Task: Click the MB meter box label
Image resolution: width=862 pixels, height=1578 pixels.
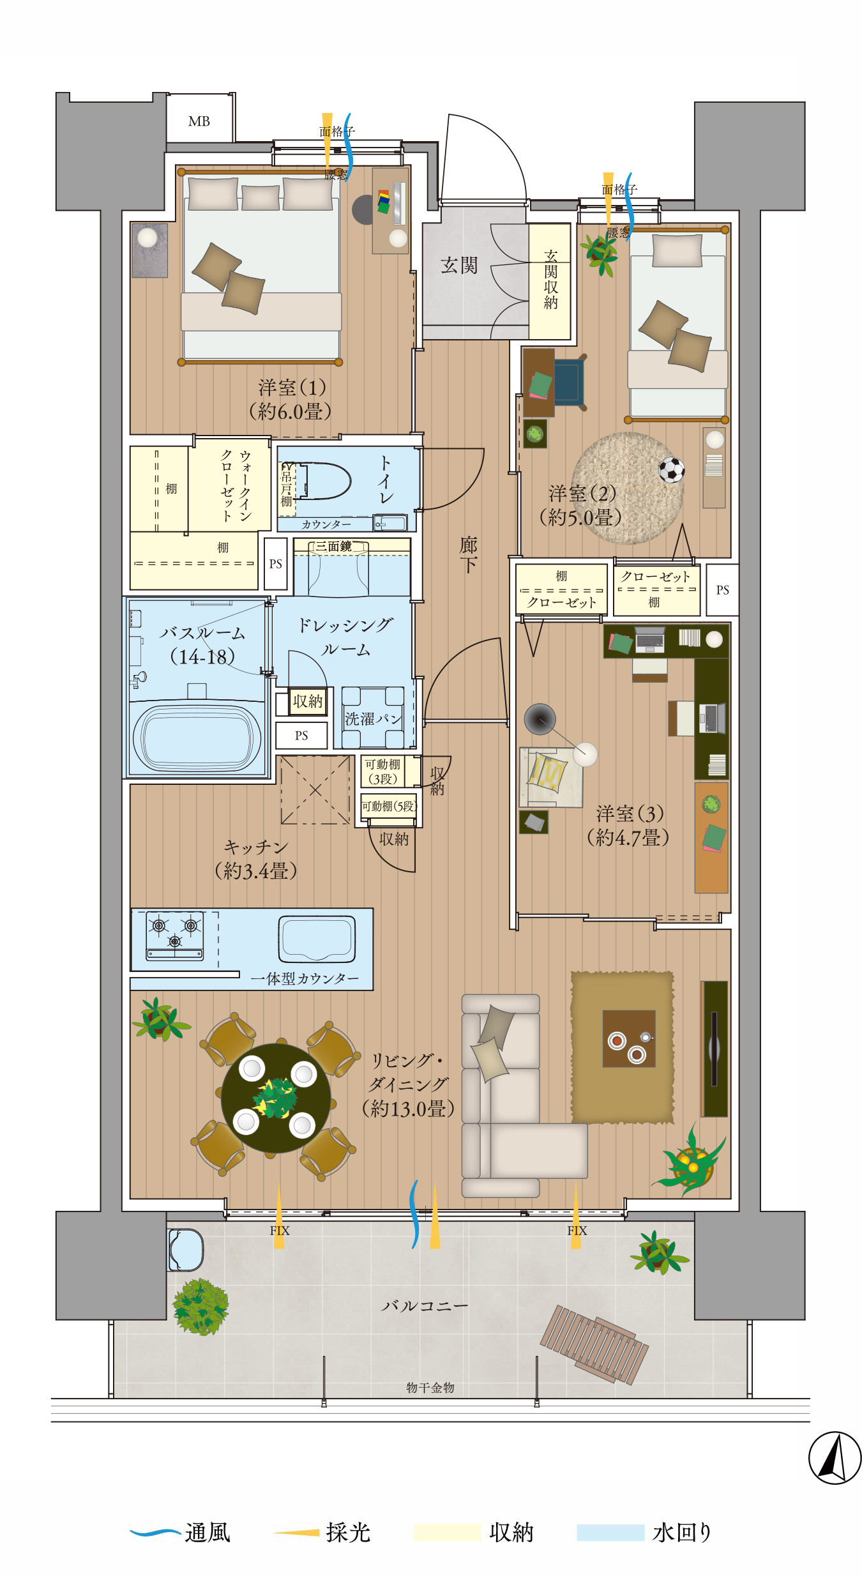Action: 199,121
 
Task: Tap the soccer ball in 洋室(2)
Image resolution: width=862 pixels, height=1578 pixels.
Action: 671,470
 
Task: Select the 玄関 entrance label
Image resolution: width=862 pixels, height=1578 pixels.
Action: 458,265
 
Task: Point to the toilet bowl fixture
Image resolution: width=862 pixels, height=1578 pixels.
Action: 326,481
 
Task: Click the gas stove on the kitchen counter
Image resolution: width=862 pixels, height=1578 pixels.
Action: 175,936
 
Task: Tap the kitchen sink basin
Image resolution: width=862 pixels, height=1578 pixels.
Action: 317,939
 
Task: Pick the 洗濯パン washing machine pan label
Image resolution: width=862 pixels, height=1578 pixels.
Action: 374,718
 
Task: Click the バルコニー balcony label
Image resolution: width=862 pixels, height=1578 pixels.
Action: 425,1306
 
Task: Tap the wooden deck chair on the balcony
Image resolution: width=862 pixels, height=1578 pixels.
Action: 594,1345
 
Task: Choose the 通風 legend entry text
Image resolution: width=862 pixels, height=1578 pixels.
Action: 208,1533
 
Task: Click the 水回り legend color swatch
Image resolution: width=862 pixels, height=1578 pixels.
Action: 610,1533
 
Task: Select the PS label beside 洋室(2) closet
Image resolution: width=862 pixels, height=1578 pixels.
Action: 722,590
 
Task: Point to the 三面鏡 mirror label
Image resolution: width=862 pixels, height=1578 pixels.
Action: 333,547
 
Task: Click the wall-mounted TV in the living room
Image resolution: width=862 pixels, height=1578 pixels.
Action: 715,1049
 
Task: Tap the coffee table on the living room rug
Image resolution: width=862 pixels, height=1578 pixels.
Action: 629,1038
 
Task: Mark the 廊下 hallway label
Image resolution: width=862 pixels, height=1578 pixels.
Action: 468,554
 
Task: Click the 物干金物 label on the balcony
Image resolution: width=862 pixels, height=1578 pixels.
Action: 430,1388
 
